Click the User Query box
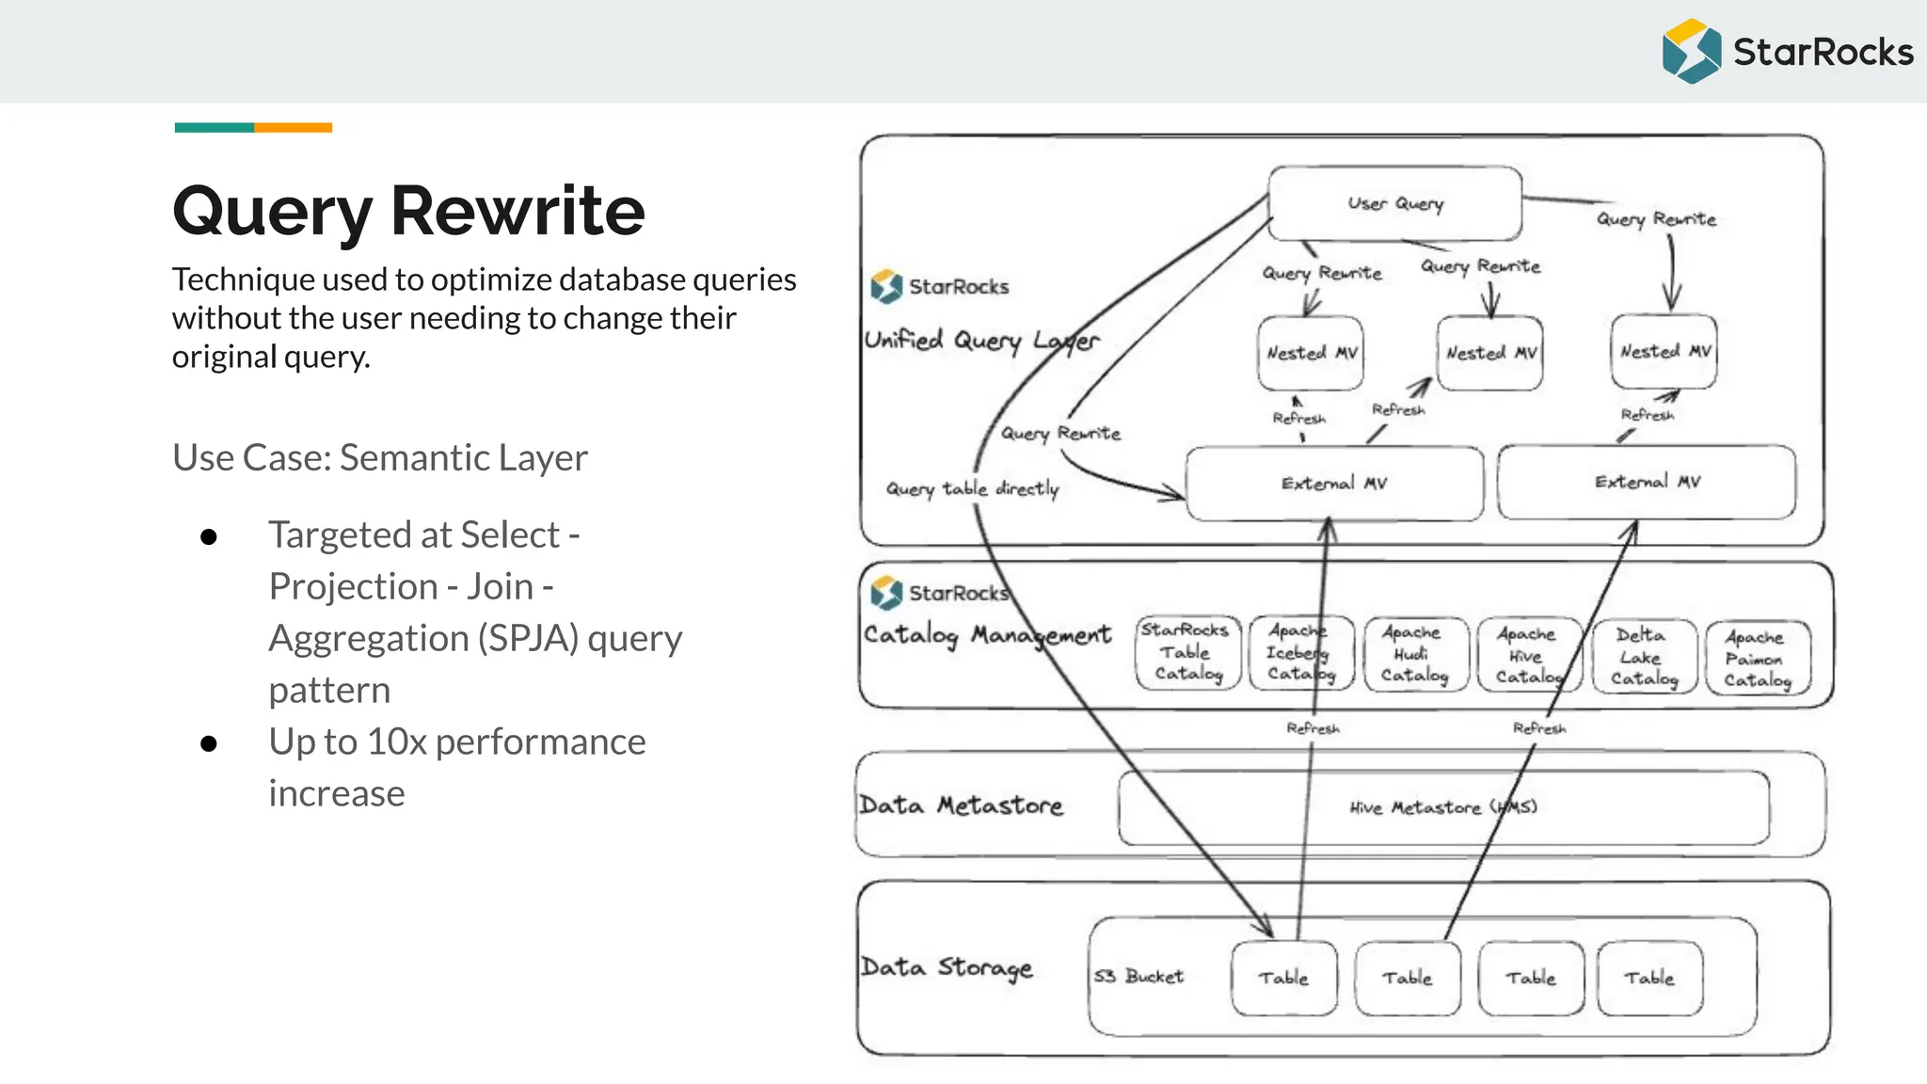tap(1394, 203)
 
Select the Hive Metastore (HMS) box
tap(1442, 807)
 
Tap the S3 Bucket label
tap(1139, 977)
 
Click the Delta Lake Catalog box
tap(1644, 657)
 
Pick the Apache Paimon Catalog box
tap(1757, 659)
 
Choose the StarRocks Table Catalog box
tap(1187, 652)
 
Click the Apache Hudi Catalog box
tap(1414, 655)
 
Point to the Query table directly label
tap(972, 488)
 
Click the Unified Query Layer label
tap(981, 341)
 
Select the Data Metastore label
tap(961, 805)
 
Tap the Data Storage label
tap(947, 968)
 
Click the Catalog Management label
tap(987, 635)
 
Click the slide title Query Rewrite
tap(408, 211)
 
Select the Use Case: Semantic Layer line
tap(379, 458)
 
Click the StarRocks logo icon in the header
tap(1691, 52)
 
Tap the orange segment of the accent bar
tap(293, 127)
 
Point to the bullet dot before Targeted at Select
tap(209, 536)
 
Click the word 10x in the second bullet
tap(397, 742)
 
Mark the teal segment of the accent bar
tap(214, 127)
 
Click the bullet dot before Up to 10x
tap(209, 743)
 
